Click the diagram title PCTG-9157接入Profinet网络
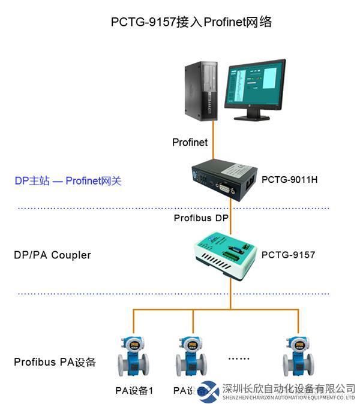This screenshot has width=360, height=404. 191,22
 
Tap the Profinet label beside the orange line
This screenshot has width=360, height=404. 190,142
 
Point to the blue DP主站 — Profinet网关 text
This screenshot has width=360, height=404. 68,180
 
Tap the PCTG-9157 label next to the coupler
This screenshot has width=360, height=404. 288,255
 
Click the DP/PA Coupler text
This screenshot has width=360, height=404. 52,255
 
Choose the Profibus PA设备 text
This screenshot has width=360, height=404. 55,362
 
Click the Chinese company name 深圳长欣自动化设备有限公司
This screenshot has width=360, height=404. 289,388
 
